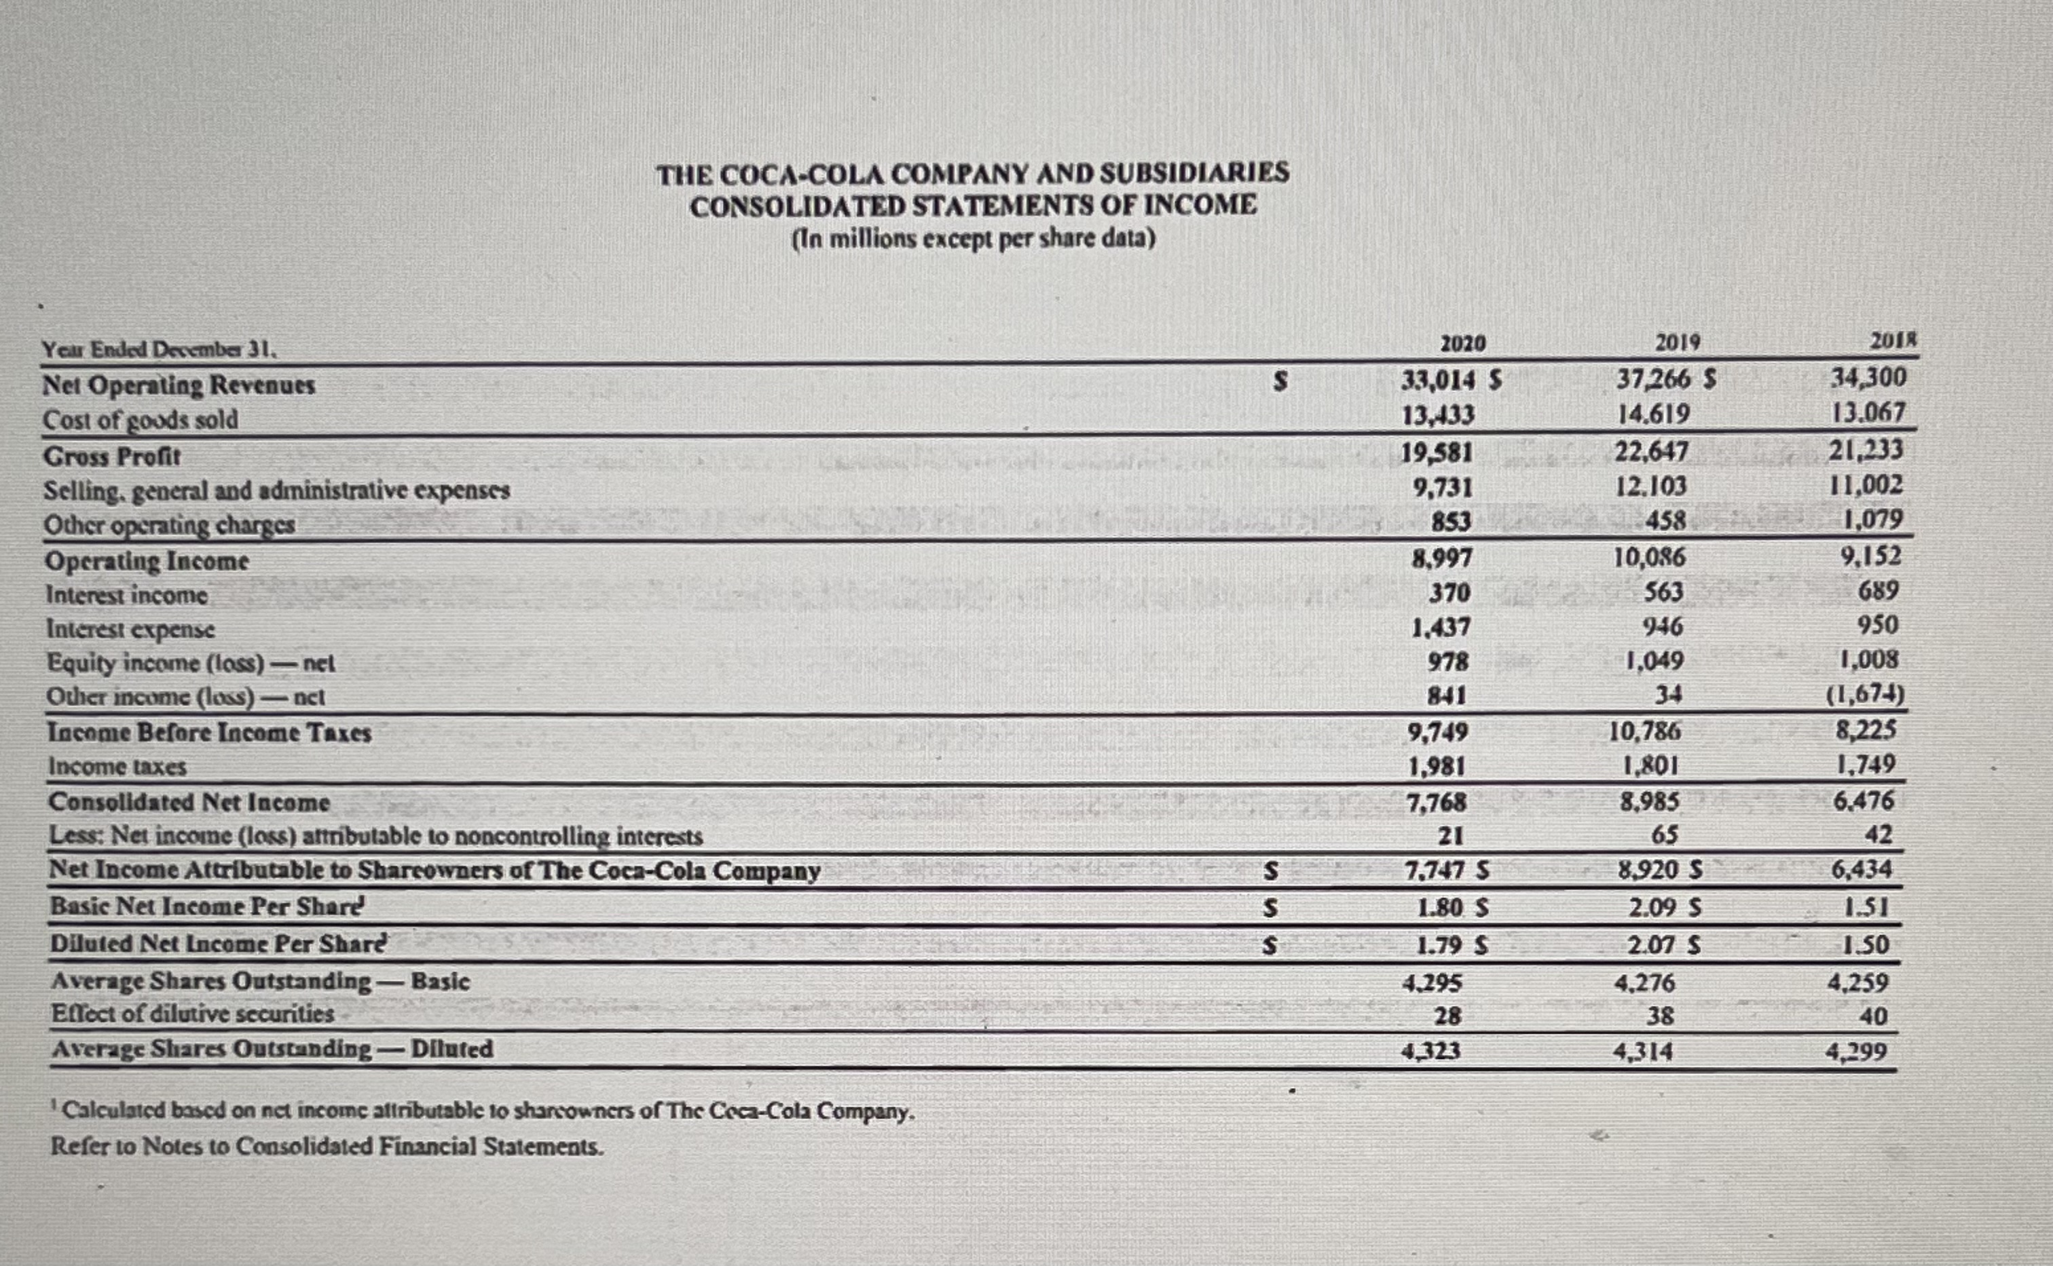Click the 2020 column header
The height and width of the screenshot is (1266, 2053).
[x=1462, y=344]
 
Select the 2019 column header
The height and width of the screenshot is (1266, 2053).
[x=1678, y=343]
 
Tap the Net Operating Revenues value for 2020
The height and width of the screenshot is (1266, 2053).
[x=1437, y=381]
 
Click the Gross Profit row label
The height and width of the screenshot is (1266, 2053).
[x=112, y=457]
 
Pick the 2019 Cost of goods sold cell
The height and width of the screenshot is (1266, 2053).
[x=1652, y=415]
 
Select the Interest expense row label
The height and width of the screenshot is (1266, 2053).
[x=130, y=628]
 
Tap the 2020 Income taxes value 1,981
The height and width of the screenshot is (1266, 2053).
[x=1437, y=767]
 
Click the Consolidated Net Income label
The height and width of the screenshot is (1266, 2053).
[x=189, y=802]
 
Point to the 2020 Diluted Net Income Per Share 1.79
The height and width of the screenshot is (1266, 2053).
[x=1438, y=945]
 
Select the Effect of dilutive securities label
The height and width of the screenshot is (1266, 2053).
[x=193, y=1014]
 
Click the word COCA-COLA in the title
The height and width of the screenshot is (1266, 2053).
[x=800, y=174]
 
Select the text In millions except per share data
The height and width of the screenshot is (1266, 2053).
[x=974, y=239]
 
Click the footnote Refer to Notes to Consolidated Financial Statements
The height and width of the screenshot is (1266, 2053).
[x=327, y=1147]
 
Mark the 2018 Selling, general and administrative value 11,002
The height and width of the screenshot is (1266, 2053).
[x=1867, y=486]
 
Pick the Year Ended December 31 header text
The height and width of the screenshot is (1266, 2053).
[x=159, y=349]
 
